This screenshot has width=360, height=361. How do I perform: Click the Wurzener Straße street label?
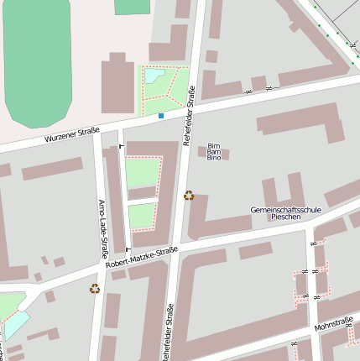72,133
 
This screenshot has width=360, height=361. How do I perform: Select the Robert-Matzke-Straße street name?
142,256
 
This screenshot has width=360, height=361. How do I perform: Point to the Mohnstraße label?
333,323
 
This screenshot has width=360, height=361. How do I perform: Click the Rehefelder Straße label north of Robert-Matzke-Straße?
188,116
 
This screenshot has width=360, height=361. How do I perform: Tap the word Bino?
214,158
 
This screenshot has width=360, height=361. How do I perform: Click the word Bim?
213,145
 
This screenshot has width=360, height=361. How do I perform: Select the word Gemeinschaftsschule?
285,209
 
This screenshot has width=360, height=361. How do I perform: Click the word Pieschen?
285,217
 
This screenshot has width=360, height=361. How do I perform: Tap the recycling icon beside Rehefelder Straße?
189,196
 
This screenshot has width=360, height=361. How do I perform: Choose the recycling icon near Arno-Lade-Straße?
95,289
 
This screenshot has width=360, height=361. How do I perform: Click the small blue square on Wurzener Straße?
161,116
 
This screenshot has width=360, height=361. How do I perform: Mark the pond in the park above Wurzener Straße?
154,76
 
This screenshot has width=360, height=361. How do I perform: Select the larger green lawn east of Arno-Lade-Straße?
141,172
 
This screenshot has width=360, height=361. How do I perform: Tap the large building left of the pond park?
117,84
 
